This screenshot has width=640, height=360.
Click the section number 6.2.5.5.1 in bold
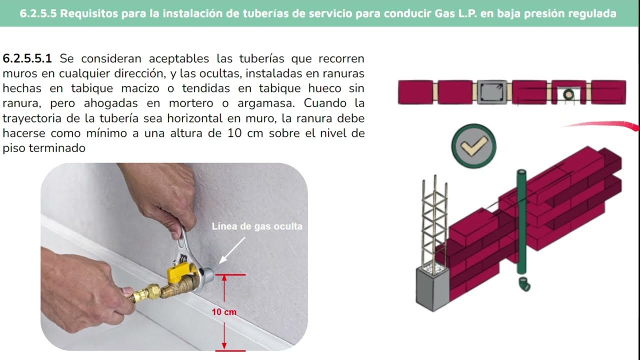(27, 58)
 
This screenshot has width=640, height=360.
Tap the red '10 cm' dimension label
(223, 312)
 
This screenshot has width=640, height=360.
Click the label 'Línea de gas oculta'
(257, 226)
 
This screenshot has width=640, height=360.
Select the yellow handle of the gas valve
(178, 272)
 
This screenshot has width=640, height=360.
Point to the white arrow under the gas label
(232, 249)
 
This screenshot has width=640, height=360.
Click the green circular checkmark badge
(473, 146)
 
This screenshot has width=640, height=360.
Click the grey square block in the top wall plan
(492, 92)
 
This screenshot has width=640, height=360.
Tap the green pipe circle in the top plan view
(568, 93)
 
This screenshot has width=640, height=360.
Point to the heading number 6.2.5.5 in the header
(39, 13)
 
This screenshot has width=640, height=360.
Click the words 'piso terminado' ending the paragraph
(44, 148)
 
